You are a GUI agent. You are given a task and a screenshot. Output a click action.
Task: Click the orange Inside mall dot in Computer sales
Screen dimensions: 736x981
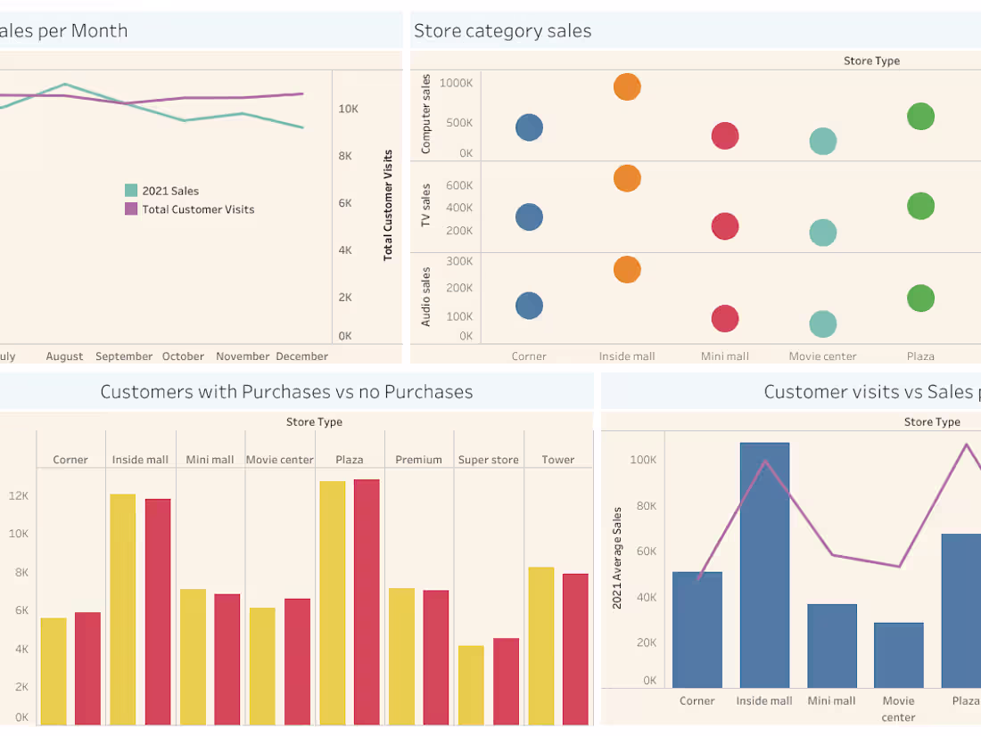(627, 86)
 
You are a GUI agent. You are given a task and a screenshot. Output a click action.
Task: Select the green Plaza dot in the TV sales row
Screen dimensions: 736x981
(920, 206)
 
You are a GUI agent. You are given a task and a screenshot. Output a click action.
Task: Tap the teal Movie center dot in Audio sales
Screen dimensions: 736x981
(822, 323)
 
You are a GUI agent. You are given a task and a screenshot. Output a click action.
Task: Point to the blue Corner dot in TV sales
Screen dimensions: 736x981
(529, 217)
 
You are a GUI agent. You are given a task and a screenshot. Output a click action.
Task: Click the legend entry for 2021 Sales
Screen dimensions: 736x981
(169, 191)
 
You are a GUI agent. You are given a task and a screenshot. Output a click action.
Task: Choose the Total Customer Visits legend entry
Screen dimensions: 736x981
(197, 209)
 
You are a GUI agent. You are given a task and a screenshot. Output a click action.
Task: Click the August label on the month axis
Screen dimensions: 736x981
(64, 356)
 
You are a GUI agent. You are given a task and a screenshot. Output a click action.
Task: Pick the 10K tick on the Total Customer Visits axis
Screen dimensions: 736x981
(348, 109)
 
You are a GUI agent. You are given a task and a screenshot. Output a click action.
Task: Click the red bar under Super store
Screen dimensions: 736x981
(506, 681)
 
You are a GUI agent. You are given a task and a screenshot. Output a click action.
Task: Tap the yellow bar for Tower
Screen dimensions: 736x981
(540, 645)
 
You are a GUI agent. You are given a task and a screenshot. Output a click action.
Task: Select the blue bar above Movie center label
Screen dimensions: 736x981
(898, 655)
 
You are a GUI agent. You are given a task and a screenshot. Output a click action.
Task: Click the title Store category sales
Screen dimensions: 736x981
(502, 31)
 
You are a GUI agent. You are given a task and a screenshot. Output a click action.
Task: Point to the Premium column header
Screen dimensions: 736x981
(418, 460)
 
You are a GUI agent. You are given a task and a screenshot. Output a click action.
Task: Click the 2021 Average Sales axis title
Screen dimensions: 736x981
(617, 558)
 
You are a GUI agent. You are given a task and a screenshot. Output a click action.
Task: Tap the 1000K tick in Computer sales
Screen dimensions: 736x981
(456, 83)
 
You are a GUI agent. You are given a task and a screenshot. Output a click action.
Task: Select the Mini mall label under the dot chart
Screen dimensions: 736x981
(724, 356)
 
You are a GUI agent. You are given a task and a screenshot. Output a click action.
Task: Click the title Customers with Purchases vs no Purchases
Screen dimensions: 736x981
(286, 391)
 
